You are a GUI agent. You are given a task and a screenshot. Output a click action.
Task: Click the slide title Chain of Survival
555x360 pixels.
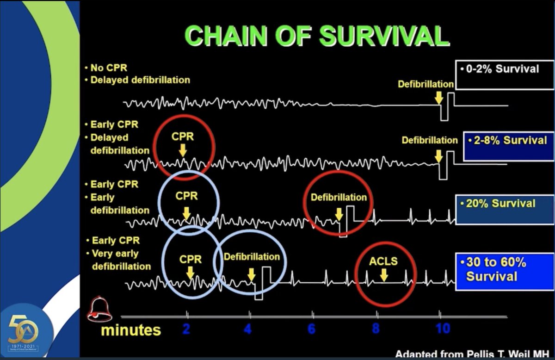click(x=317, y=36)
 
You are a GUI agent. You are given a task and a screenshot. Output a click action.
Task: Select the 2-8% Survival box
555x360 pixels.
click(x=508, y=145)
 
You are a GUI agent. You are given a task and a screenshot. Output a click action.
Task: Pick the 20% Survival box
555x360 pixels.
click(x=504, y=209)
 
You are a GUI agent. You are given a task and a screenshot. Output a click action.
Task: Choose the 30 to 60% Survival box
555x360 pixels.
click(x=504, y=271)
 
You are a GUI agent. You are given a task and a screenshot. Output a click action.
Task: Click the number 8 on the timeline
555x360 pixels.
click(x=376, y=329)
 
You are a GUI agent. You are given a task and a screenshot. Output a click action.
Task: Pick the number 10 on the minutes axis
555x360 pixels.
click(x=442, y=329)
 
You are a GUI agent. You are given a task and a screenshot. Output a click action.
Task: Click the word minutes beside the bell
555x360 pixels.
click(x=131, y=330)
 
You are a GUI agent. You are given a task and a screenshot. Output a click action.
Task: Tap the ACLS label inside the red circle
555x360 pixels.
click(x=383, y=261)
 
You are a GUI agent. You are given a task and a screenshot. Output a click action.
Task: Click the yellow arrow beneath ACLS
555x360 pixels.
click(x=383, y=275)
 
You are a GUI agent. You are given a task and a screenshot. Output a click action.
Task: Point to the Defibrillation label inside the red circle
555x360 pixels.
click(x=339, y=198)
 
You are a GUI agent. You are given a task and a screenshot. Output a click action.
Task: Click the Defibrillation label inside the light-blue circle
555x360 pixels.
click(x=252, y=257)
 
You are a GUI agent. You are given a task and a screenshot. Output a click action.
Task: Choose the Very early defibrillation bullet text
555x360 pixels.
click(x=121, y=260)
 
